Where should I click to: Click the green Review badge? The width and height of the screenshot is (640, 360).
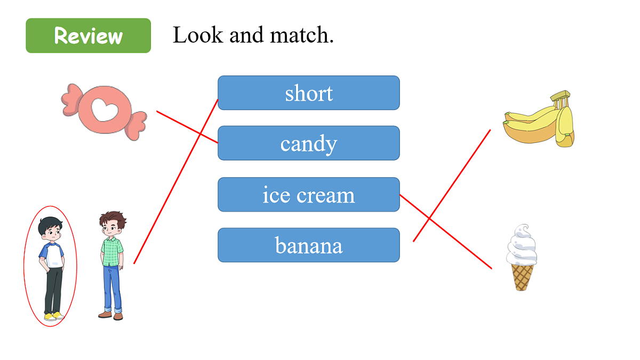click(x=89, y=35)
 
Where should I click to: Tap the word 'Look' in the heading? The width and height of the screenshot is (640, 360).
click(x=198, y=35)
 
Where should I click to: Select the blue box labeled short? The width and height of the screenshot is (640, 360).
click(x=309, y=93)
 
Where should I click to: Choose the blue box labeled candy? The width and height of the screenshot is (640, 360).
click(x=309, y=143)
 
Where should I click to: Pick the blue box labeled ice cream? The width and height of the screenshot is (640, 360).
click(x=309, y=194)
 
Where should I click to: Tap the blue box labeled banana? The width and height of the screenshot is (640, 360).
click(x=309, y=245)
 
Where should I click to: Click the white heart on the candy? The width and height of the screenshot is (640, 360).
click(x=105, y=110)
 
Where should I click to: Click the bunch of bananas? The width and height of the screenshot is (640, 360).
click(x=539, y=119)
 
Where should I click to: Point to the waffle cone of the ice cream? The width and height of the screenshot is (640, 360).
click(x=522, y=277)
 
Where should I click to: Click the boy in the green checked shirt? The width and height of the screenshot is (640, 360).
click(x=113, y=266)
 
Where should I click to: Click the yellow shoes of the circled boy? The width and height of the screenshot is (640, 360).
click(x=54, y=316)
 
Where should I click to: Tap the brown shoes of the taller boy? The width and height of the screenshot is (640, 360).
click(x=111, y=315)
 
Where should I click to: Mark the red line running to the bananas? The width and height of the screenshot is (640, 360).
click(x=452, y=186)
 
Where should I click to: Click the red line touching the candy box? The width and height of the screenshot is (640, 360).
click(x=187, y=127)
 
